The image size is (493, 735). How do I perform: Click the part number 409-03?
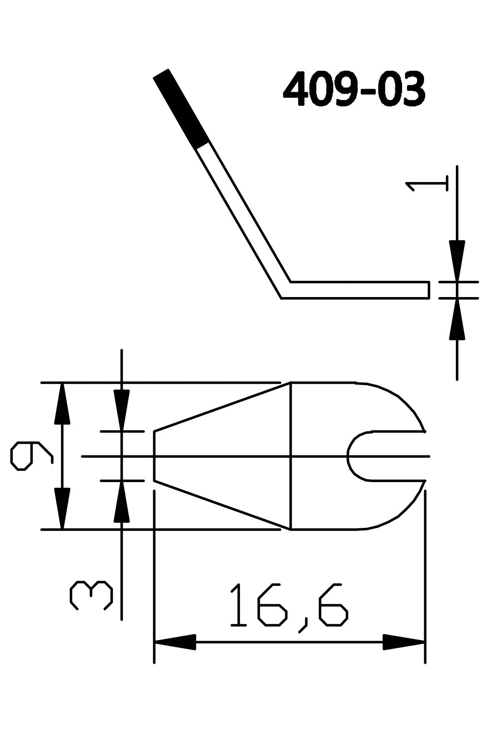click(x=354, y=89)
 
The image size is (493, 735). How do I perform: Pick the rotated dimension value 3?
click(x=91, y=595)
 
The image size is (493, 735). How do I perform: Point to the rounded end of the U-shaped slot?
click(x=349, y=456)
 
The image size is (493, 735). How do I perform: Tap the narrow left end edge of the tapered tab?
click(x=154, y=456)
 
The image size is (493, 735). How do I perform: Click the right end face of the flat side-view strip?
click(x=429, y=290)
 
